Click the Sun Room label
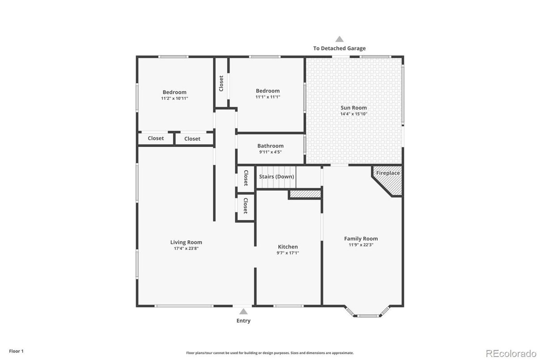pos(353,107)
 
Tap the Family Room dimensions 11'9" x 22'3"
pos(361,245)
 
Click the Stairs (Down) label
pos(276,176)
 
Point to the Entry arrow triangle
pos(243,311)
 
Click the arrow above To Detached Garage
pos(340,39)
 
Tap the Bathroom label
pos(270,146)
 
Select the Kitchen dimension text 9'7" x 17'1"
pos(288,253)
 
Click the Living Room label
pos(186,242)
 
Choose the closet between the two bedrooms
pos(221,83)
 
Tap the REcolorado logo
pos(510,353)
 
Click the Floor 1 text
pos(16,351)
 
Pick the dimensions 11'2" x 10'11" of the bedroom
pos(174,98)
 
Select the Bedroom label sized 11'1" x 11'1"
pos(268,91)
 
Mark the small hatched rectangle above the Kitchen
pos(305,194)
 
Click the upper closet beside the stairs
pos(246,178)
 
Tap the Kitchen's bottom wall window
pos(288,306)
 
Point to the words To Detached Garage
pos(339,48)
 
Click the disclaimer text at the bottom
pos(270,353)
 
